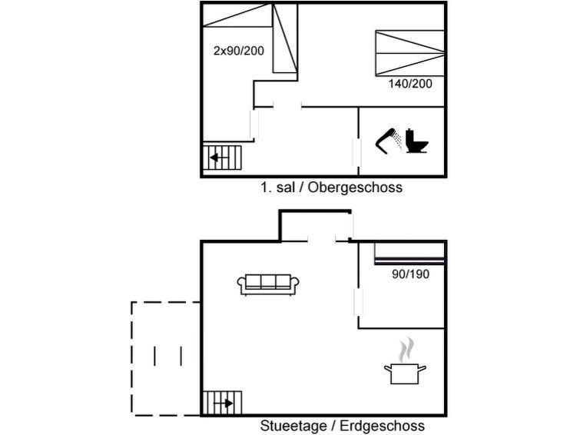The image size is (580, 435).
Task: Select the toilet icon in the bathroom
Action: click(x=416, y=140)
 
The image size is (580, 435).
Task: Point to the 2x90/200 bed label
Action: click(x=237, y=51)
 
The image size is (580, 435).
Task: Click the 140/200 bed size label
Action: click(x=410, y=83)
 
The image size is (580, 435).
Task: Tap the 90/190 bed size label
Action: click(x=410, y=274)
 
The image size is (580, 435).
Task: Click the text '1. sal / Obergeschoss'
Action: click(x=331, y=188)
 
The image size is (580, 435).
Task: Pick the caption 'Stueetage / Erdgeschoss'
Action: click(x=342, y=426)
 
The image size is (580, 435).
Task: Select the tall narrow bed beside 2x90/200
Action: click(x=285, y=38)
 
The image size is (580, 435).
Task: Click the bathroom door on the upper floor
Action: click(x=356, y=153)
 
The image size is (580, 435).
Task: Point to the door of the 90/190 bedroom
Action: click(x=356, y=301)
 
